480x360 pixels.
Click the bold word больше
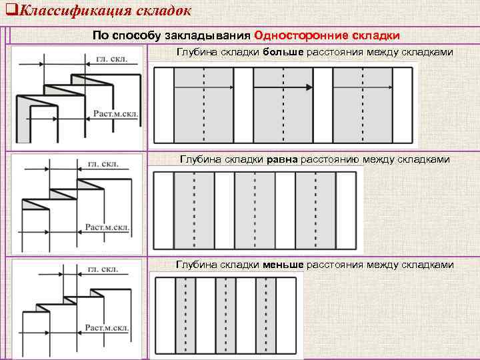point(283,52)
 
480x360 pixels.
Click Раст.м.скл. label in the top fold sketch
point(116,114)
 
